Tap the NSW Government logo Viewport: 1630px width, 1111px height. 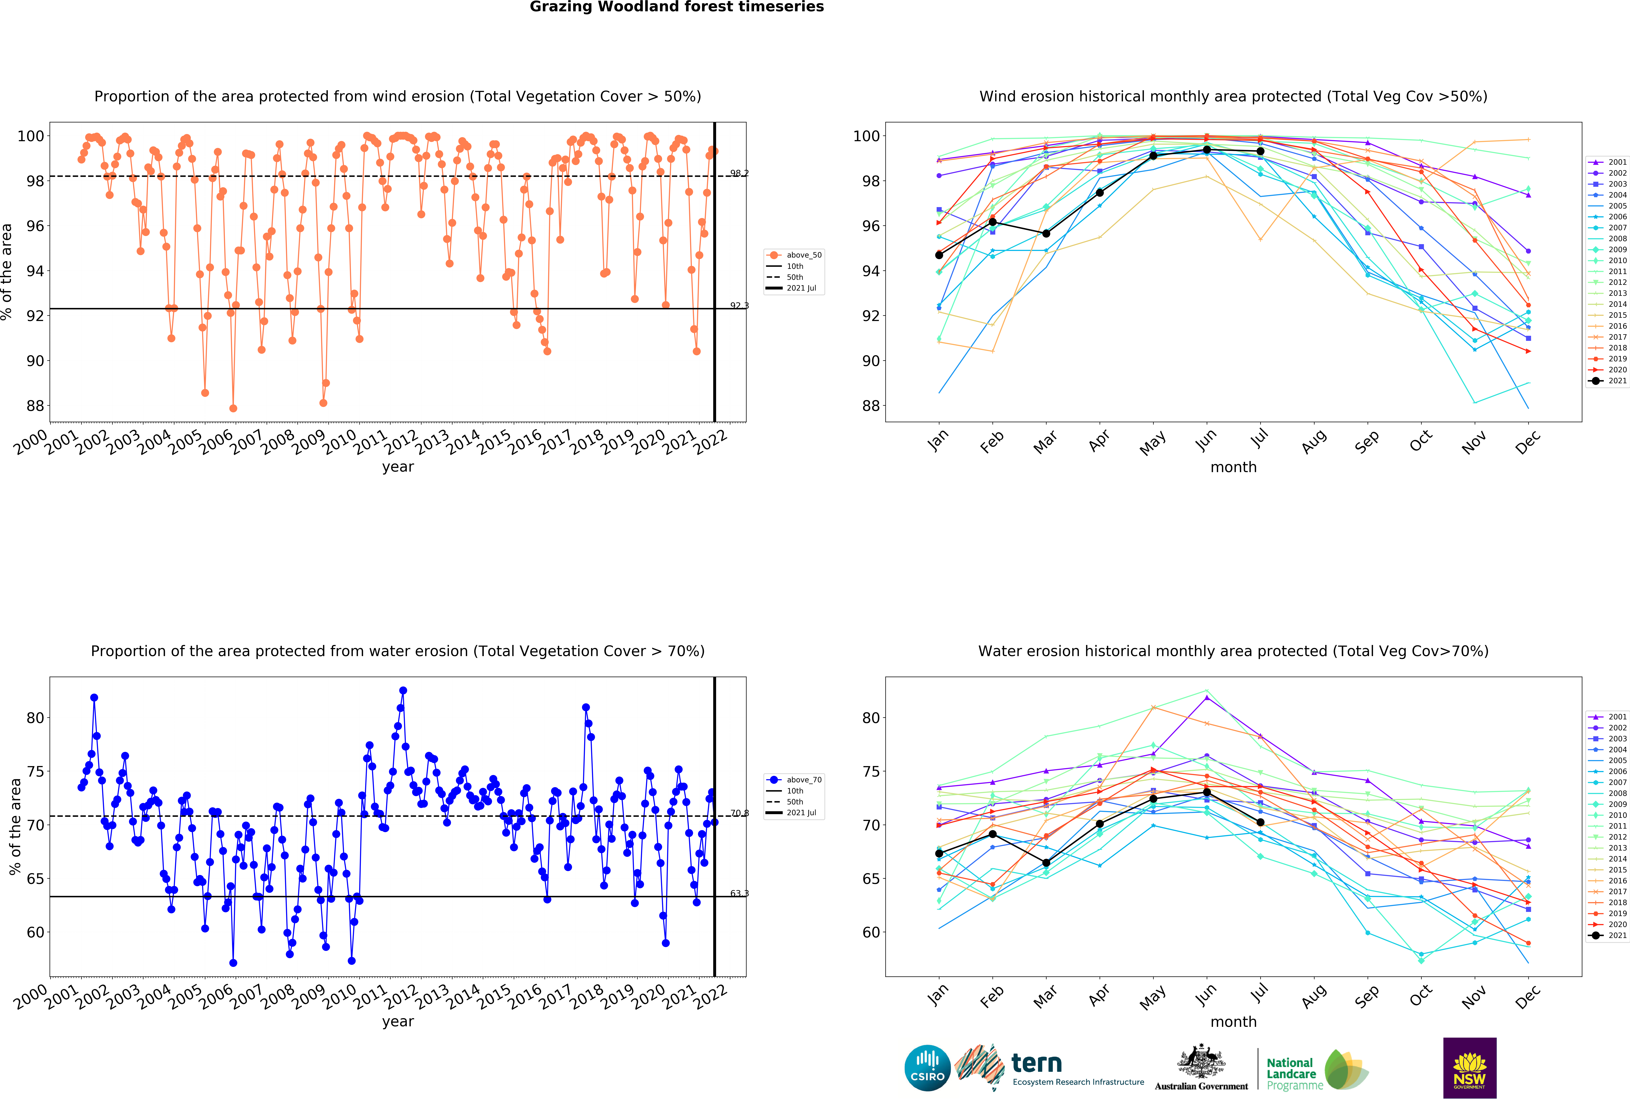coord(1469,1068)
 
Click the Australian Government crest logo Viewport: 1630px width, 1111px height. coord(1202,1068)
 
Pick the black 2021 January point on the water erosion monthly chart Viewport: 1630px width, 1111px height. coord(939,854)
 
